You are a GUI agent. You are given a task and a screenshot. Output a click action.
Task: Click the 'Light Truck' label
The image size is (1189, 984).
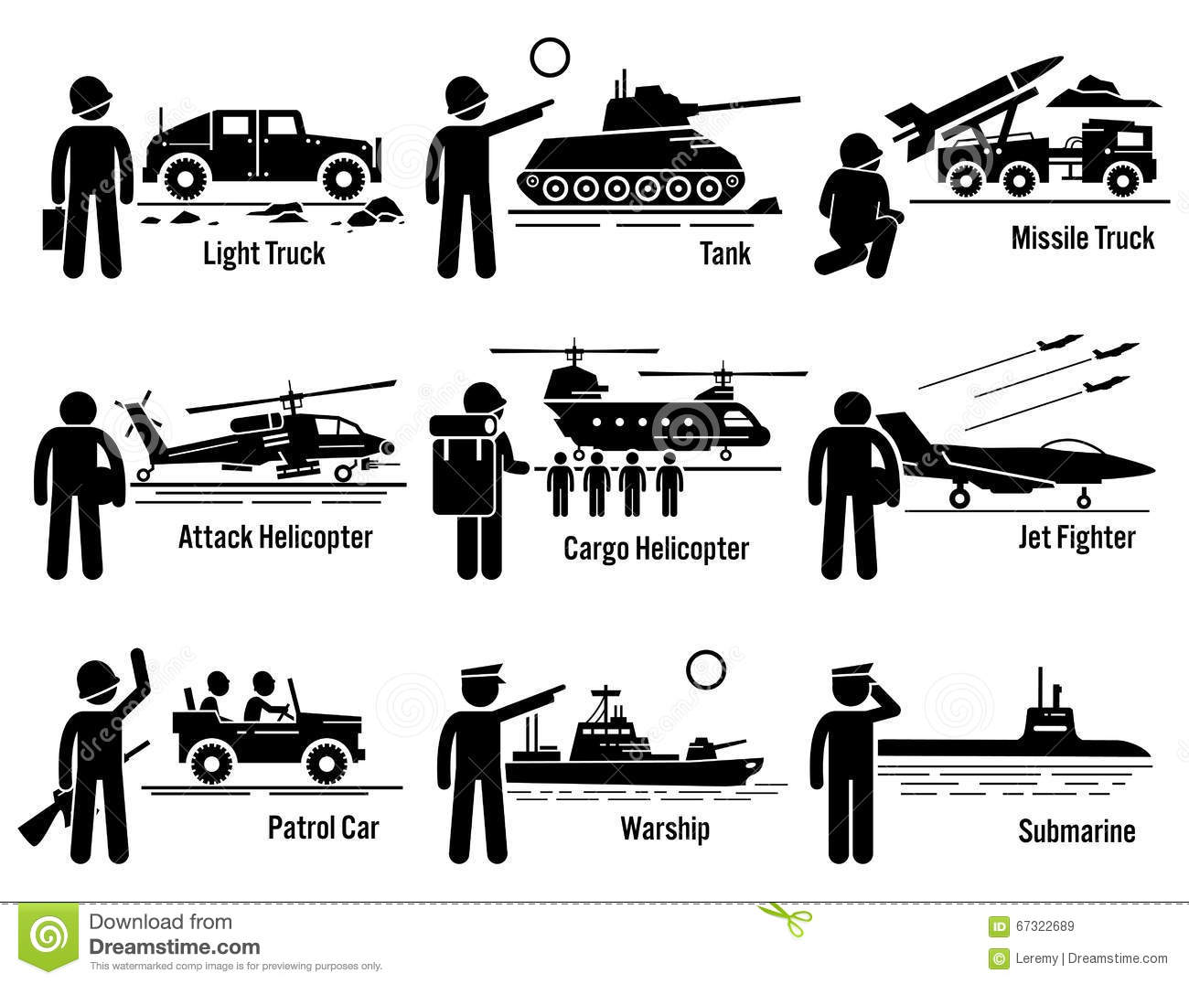[264, 254]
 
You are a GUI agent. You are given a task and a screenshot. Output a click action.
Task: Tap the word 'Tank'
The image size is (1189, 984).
[725, 254]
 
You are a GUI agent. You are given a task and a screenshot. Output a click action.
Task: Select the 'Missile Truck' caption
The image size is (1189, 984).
[1083, 238]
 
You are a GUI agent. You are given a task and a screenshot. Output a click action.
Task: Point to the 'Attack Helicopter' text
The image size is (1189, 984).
[275, 538]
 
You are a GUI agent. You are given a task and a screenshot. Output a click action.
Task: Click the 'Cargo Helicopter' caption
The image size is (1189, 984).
[656, 549]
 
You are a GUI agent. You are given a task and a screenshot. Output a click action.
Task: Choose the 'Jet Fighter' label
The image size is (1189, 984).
[1077, 538]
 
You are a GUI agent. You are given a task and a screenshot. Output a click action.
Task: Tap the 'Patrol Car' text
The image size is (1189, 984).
[324, 828]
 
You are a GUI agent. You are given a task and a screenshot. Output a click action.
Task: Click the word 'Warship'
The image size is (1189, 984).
[665, 829]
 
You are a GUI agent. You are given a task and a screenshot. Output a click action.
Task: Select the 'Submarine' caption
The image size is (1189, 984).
[1077, 830]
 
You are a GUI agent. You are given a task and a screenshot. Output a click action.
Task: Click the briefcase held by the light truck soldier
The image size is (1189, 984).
[53, 229]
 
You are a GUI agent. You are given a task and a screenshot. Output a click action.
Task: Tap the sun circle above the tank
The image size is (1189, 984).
[550, 58]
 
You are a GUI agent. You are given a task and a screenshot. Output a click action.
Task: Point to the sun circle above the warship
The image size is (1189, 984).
[706, 670]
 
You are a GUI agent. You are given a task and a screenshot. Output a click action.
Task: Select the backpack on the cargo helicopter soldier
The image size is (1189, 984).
[462, 465]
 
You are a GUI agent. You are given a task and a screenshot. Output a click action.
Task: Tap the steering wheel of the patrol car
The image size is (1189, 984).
[283, 712]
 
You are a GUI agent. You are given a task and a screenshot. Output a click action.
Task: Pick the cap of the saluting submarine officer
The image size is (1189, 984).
[852, 674]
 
